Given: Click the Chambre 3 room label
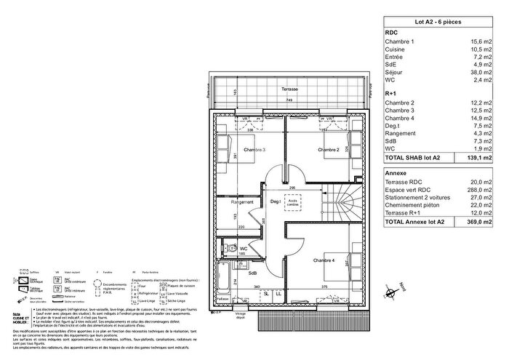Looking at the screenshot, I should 255,151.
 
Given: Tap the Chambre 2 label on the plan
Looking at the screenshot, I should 329,151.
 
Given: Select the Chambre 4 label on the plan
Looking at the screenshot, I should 325,260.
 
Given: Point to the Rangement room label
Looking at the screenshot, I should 242,202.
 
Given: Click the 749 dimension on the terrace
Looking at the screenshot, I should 289,100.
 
